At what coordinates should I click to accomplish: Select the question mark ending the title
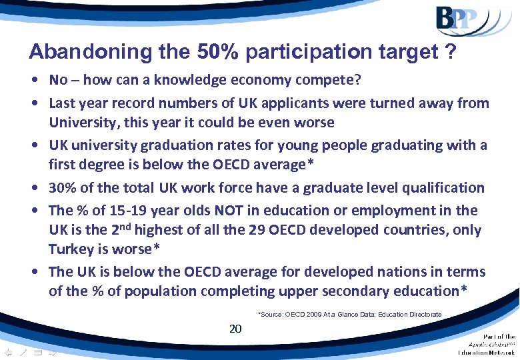coord(451,52)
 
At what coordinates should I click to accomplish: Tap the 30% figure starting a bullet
coord(62,188)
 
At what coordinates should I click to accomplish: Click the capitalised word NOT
coord(231,211)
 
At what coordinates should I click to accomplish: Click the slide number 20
coord(235,329)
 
